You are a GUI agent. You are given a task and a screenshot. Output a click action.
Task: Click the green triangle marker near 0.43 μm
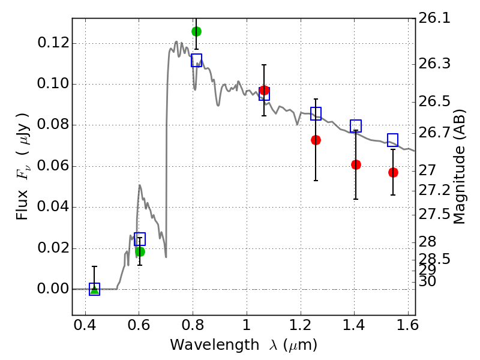(x=94, y=289)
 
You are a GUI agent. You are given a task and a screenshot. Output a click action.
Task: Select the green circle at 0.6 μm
(x=140, y=251)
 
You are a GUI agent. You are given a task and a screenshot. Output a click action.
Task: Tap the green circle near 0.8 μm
(x=196, y=31)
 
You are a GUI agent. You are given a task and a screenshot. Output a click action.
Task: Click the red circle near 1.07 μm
(x=264, y=91)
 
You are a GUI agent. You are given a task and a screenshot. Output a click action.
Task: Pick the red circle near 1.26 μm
(x=316, y=140)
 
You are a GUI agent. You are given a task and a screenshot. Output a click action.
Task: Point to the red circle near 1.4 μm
(x=356, y=164)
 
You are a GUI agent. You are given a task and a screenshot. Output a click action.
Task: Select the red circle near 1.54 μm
(x=393, y=172)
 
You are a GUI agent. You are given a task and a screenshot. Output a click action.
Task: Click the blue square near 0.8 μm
(x=196, y=60)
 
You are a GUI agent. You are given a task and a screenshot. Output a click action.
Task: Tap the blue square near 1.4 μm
(x=356, y=126)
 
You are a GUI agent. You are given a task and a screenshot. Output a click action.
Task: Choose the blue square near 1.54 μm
(x=393, y=140)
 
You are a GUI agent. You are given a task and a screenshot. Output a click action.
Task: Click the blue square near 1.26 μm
(x=316, y=113)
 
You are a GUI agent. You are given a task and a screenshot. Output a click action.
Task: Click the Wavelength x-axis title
(x=243, y=345)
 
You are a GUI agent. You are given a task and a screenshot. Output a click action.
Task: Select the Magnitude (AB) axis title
(x=460, y=167)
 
